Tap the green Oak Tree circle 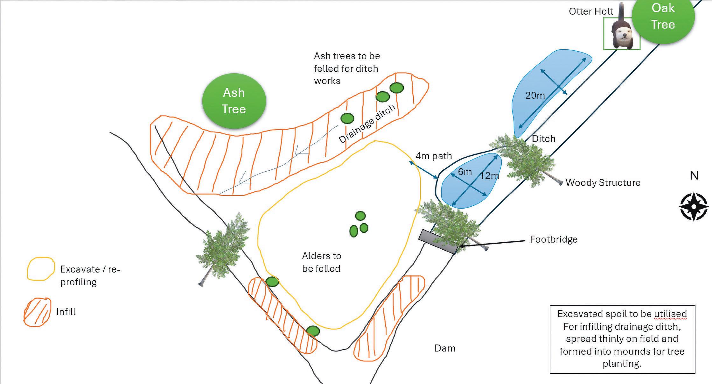pos(663,17)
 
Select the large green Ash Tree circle pos(234,101)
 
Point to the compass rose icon pos(694,206)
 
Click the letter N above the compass pos(694,175)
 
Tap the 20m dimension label pos(535,95)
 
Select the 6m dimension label pos(465,172)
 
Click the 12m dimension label pos(489,175)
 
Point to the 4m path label pos(434,156)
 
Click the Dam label pos(445,348)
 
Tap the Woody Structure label pos(603,183)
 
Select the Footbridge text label pos(554,239)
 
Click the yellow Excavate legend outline pos(40,269)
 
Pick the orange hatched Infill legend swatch pos(37,312)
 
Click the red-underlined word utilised pos(670,314)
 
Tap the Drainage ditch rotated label pos(366,124)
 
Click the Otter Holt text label pos(591,11)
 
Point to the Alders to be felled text pos(321,262)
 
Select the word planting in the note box pos(622,364)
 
